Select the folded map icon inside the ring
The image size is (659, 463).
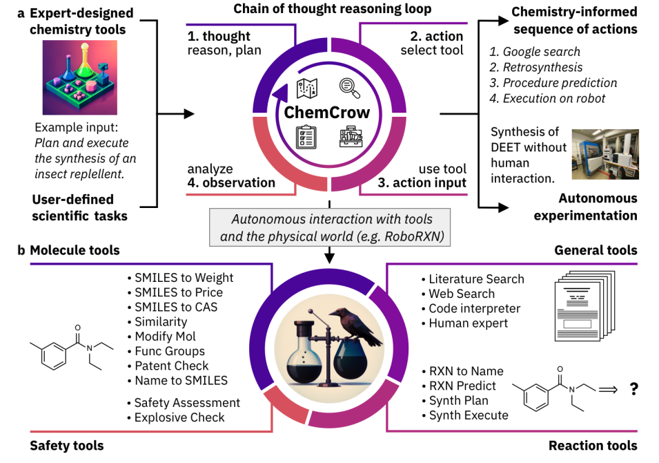coord(306,88)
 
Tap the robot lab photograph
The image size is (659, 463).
coord(605,155)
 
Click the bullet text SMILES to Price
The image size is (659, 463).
coord(178,292)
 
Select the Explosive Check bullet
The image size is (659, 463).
coord(179,417)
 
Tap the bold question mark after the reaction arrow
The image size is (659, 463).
coord(633,389)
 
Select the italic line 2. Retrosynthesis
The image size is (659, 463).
coord(535,67)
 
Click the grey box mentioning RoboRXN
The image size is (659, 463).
coord(331,227)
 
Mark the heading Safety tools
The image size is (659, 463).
coord(66,446)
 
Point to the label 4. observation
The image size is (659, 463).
coord(230,183)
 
